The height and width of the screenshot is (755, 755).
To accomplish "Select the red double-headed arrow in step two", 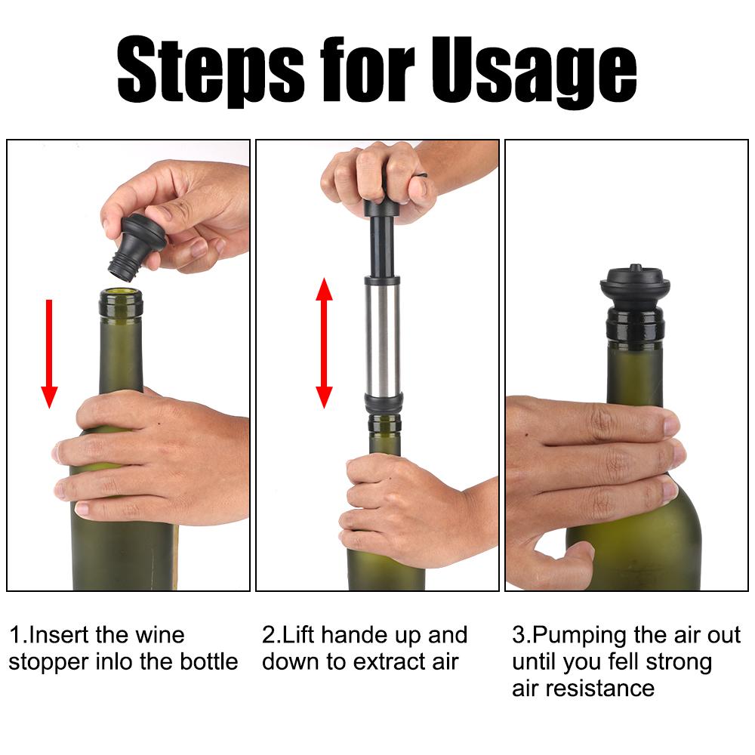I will pyautogui.click(x=324, y=343).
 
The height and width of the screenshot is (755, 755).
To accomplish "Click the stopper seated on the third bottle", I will pyautogui.click(x=635, y=301).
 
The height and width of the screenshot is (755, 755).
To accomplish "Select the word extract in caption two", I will pyautogui.click(x=393, y=662).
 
